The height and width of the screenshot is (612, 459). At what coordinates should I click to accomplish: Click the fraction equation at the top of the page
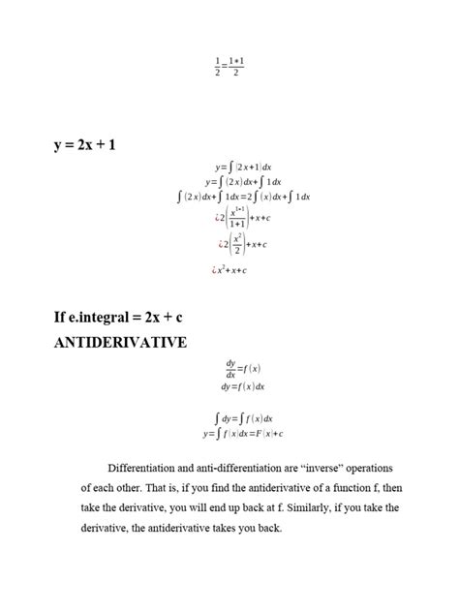point(229,66)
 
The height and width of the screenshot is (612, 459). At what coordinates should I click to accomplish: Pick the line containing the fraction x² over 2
point(242,245)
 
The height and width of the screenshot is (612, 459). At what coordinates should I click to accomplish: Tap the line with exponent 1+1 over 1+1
point(242,218)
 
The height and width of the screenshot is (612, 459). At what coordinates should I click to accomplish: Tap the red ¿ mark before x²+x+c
point(213,271)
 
